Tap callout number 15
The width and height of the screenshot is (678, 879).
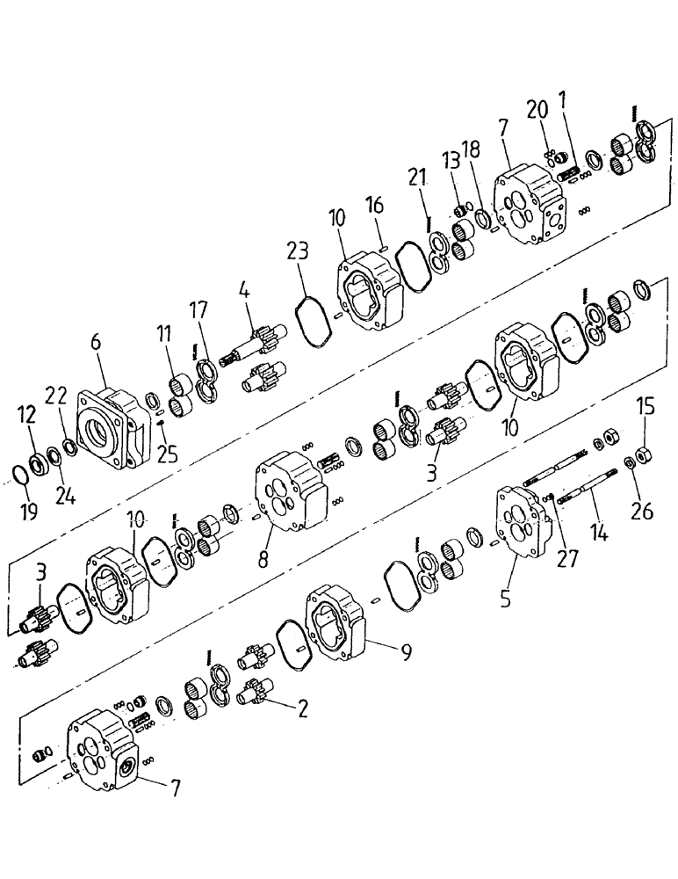point(646,407)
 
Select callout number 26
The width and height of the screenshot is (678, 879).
point(642,512)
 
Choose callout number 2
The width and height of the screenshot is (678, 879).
point(302,709)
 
